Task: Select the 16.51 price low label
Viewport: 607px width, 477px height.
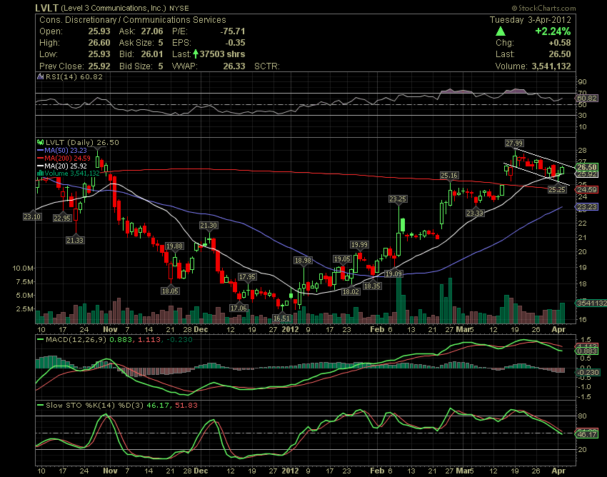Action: pyautogui.click(x=282, y=318)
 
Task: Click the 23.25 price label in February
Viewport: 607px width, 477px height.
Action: pyautogui.click(x=398, y=199)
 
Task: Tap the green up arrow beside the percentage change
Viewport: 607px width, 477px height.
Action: pyautogui.click(x=501, y=31)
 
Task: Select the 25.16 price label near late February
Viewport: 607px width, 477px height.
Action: pyautogui.click(x=448, y=175)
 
